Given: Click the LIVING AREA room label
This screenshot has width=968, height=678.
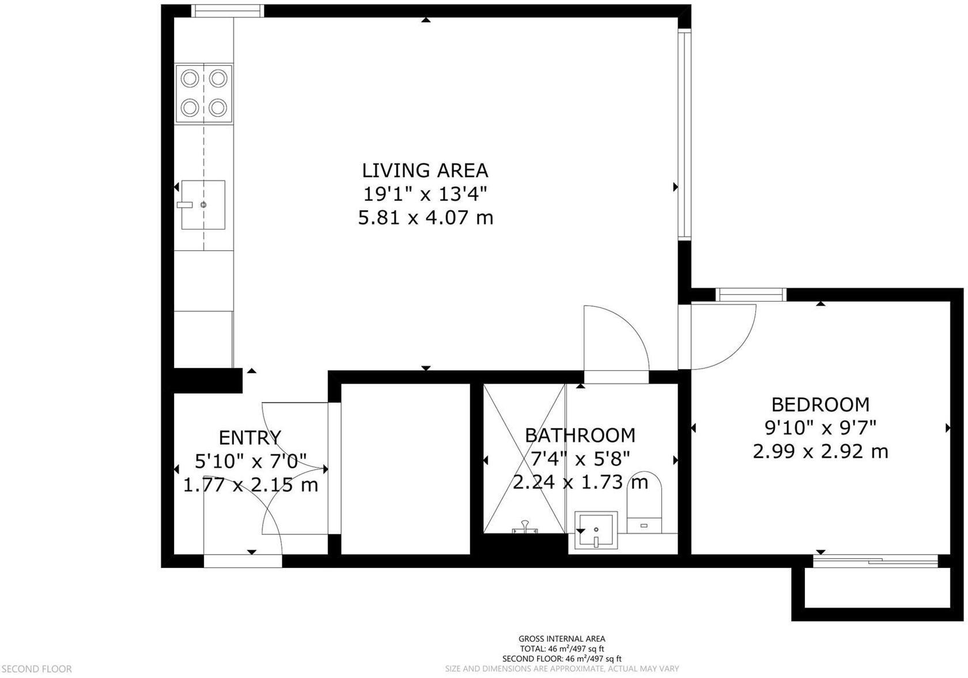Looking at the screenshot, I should [425, 171].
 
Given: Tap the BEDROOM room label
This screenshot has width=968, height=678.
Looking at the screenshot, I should [820, 405].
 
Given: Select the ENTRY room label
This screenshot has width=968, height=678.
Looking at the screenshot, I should [250, 438].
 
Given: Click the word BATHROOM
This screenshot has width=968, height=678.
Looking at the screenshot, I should [580, 435].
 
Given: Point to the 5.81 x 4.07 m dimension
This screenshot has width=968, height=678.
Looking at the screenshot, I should [425, 218].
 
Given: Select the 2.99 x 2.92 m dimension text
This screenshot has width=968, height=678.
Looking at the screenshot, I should [820, 451].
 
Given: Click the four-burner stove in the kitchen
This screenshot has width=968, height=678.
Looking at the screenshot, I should [204, 93].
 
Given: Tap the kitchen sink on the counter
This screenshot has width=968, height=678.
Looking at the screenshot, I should [203, 205].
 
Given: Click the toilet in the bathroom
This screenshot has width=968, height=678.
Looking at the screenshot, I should [644, 503].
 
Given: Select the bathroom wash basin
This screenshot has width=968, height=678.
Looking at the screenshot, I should [596, 530].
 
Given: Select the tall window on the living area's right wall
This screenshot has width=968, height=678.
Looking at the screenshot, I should [684, 135].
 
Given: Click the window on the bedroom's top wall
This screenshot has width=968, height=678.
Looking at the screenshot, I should [751, 295].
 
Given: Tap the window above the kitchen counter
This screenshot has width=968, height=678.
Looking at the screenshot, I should [227, 11].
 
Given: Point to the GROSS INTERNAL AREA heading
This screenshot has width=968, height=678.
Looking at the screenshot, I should [562, 638].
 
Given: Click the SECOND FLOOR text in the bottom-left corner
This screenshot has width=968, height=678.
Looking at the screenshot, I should [36, 669].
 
